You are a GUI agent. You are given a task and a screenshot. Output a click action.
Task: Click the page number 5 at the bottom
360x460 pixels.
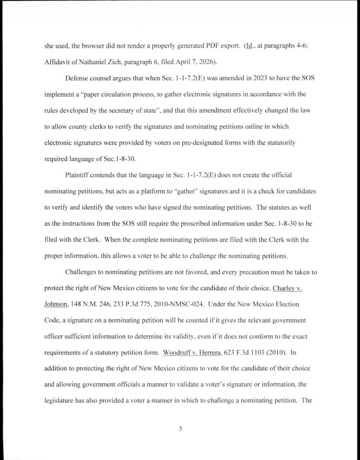180,429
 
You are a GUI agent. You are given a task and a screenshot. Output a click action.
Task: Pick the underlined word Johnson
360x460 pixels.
56,303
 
